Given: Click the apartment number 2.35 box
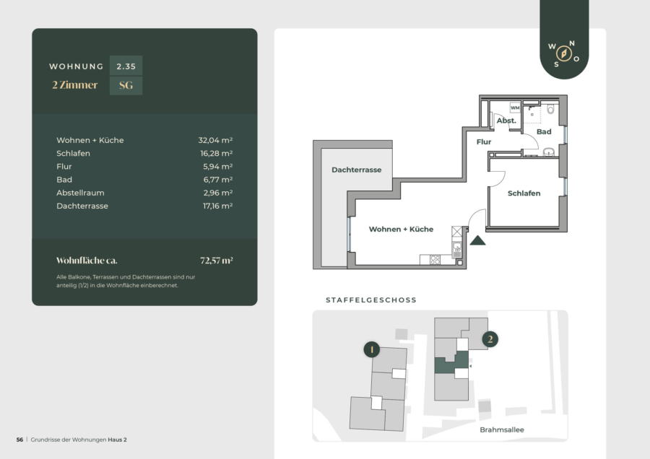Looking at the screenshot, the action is pos(126,66).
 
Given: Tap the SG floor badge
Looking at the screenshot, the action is pos(126,86).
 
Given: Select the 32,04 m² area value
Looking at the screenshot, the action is pos(215,140).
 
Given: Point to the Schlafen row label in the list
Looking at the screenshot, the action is pos(73,153).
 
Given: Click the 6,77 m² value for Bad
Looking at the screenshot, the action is pos(217,180).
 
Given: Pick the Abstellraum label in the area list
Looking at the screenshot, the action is pos(80,193).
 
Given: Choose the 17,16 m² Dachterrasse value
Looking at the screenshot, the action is pos(217,206).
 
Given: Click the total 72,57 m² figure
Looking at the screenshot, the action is pos(217,261).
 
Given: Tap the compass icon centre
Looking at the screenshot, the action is pos(564,53).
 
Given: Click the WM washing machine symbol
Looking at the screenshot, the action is pos(515,108).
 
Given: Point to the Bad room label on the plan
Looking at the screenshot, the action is pos(544,132).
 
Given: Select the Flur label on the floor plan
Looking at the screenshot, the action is pos(484,141).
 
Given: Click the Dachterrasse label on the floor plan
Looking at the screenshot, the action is pos(357,170).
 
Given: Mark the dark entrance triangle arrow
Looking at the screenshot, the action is pos(477,240).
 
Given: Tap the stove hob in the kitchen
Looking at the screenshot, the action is pos(435,260).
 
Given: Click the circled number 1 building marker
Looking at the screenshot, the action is pos(372,349).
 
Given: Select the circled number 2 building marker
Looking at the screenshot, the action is pos(490,339).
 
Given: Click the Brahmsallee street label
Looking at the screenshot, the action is pos(502,429).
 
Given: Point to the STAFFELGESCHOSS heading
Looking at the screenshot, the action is pos(371,300).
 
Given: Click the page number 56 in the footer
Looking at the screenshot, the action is pos(20,440).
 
